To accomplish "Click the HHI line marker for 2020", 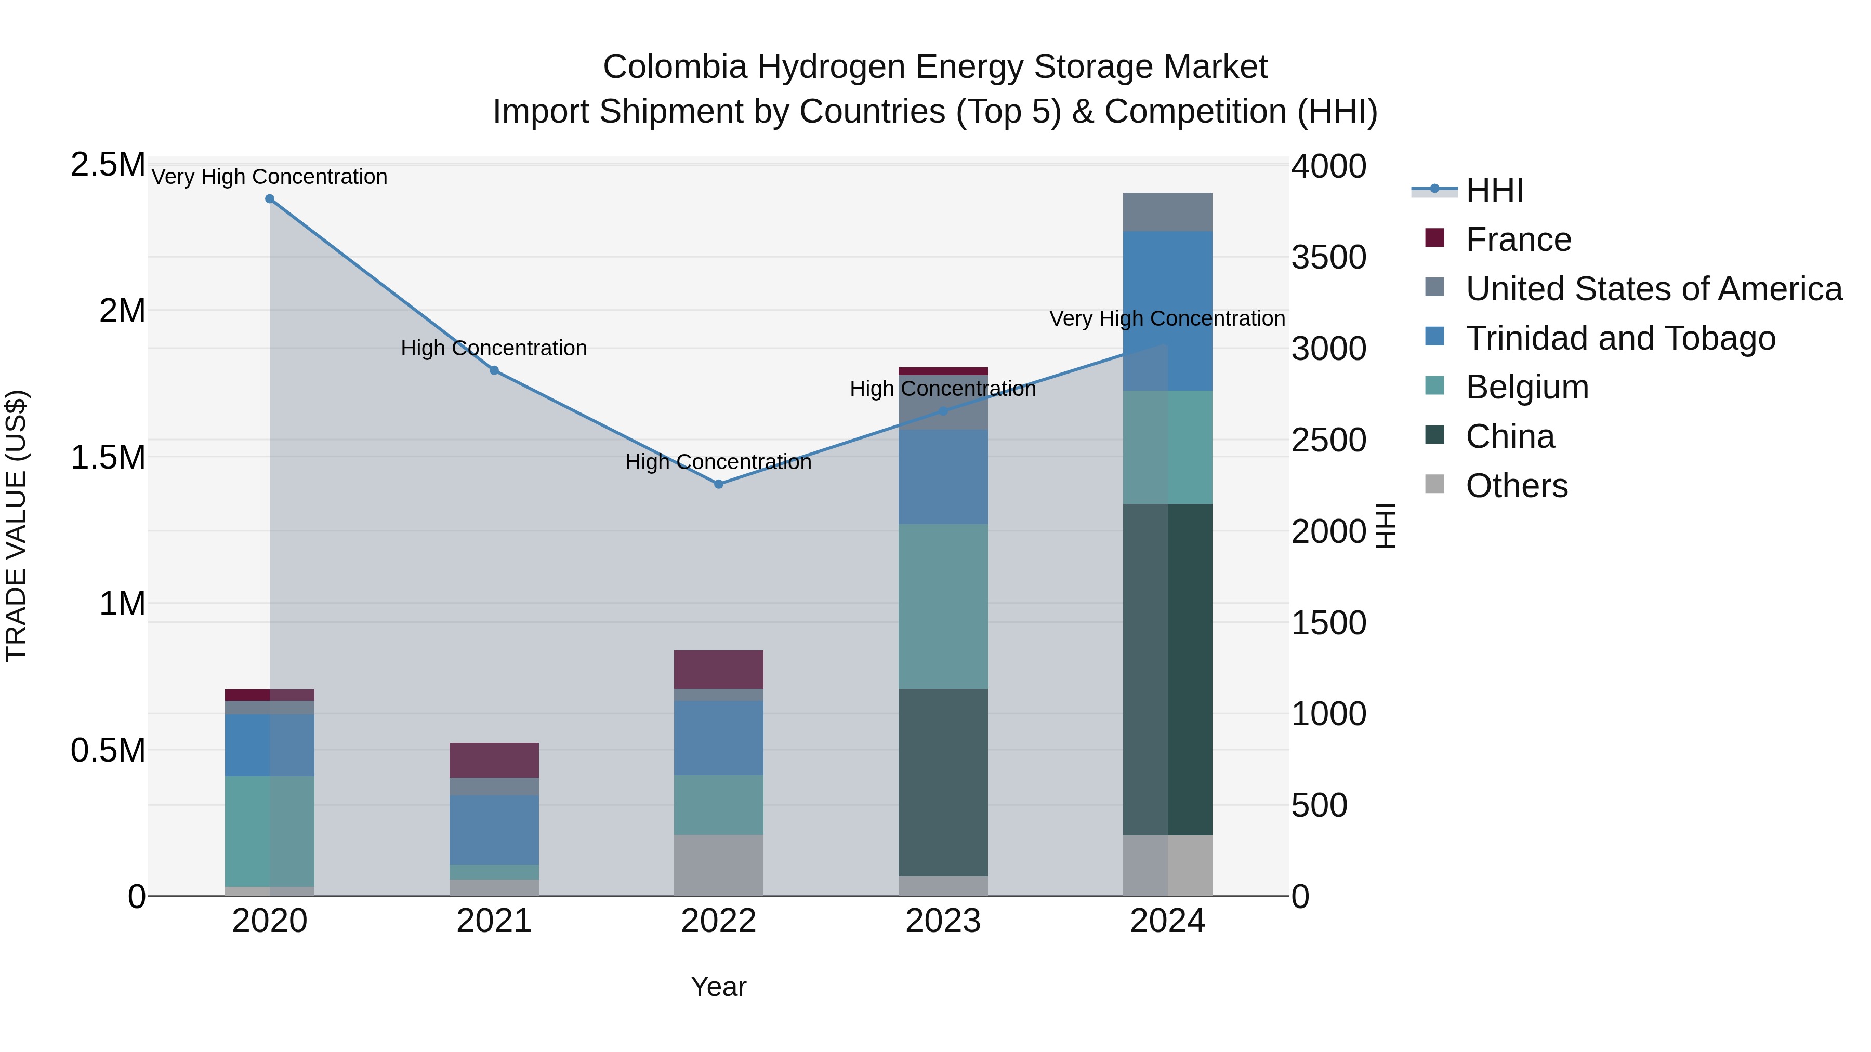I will (269, 199).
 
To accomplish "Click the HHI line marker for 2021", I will (494, 370).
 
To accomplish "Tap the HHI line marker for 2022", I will (718, 484).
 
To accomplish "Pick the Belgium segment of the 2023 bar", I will (943, 606).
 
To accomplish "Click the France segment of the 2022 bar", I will (718, 670).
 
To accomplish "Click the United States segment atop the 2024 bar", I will (1167, 212).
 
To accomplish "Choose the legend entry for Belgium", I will (1527, 387).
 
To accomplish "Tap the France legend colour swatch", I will (1434, 238).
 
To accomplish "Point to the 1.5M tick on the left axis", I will (108, 457).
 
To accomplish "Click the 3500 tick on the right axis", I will (1328, 257).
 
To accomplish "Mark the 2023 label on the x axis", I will (943, 921).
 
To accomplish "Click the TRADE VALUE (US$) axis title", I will (16, 526).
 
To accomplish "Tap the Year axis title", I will (718, 987).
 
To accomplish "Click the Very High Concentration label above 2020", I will (269, 177).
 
